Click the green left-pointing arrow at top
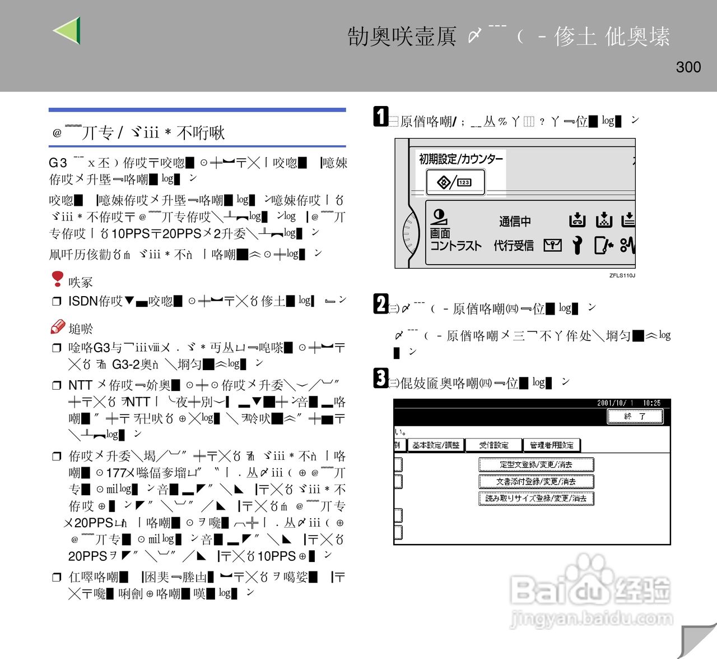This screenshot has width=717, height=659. [x=68, y=30]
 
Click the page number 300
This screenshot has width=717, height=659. [x=688, y=67]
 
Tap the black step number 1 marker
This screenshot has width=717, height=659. [x=381, y=117]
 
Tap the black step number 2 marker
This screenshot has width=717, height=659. [x=381, y=303]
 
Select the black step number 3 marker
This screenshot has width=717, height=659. [x=381, y=378]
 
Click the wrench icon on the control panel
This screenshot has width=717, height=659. [x=577, y=245]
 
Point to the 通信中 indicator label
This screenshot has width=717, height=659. [x=515, y=222]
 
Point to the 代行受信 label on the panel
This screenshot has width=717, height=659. [x=514, y=246]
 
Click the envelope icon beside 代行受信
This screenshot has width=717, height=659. [x=552, y=245]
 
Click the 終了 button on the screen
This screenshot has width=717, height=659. [x=635, y=416]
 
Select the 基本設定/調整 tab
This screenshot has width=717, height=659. [x=436, y=445]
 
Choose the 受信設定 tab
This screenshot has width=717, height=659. [x=493, y=445]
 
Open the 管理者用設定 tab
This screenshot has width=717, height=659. [x=551, y=445]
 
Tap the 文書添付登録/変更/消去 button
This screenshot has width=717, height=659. [x=536, y=481]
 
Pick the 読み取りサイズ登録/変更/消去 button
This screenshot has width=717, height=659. [x=536, y=498]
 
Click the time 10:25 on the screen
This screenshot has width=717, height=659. [x=651, y=403]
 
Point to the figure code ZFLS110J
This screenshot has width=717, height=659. [x=622, y=275]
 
